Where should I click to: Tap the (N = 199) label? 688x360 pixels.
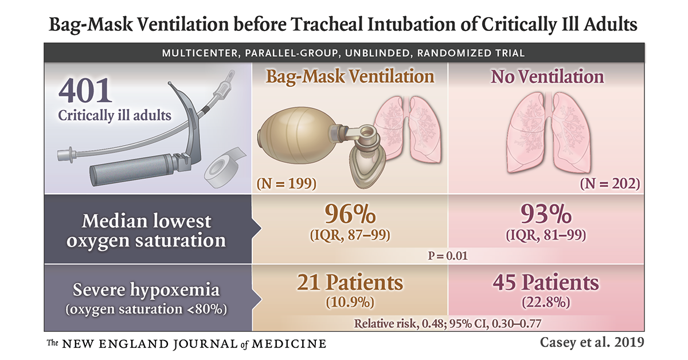point(287,183)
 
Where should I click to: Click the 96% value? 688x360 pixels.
point(350,215)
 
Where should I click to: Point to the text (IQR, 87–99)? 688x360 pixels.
point(350,235)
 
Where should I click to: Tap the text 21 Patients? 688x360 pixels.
point(350,283)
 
